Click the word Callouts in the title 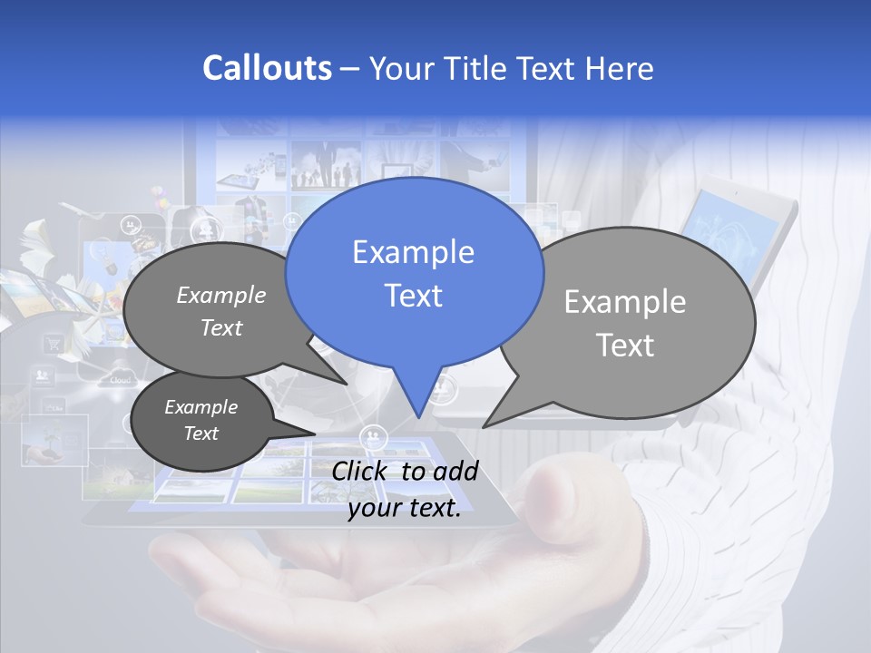(267, 68)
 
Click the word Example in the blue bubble (413, 252)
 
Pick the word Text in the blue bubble (413, 296)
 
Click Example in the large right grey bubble (625, 302)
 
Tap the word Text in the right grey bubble (625, 346)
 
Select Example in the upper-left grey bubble (221, 295)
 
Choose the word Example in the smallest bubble (201, 407)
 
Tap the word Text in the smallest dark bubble (201, 434)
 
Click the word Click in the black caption (361, 471)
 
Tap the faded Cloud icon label (121, 380)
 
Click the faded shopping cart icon (54, 344)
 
